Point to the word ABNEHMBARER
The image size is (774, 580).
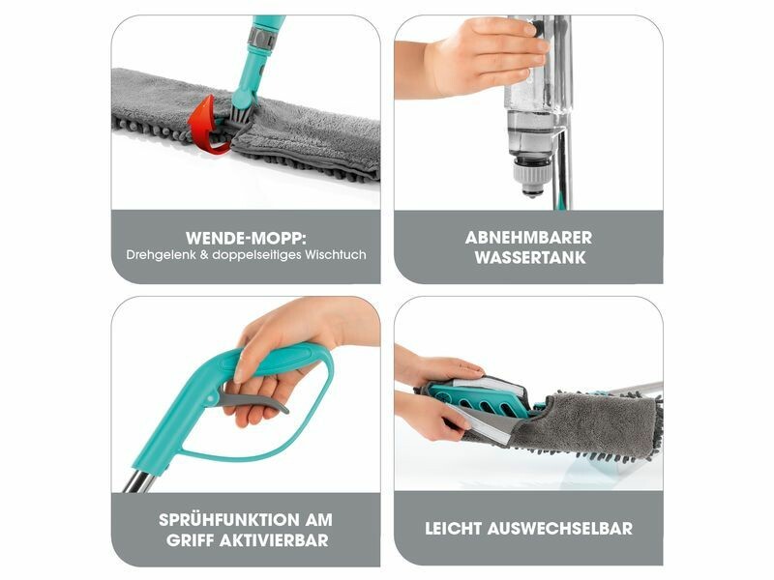pyautogui.click(x=528, y=238)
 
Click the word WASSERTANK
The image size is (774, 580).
pyautogui.click(x=529, y=257)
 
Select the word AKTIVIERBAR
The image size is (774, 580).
pyautogui.click(x=274, y=540)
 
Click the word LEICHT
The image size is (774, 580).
pyautogui.click(x=454, y=529)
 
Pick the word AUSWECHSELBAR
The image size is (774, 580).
pyautogui.click(x=560, y=529)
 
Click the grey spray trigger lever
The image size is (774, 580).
pyautogui.click(x=252, y=399)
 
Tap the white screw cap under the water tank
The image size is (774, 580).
pyautogui.click(x=530, y=174)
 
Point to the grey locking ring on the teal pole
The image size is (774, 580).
pyautogui.click(x=260, y=38)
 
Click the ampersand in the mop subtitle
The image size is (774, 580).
pyautogui.click(x=203, y=255)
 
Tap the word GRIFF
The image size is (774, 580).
pyautogui.click(x=190, y=540)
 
